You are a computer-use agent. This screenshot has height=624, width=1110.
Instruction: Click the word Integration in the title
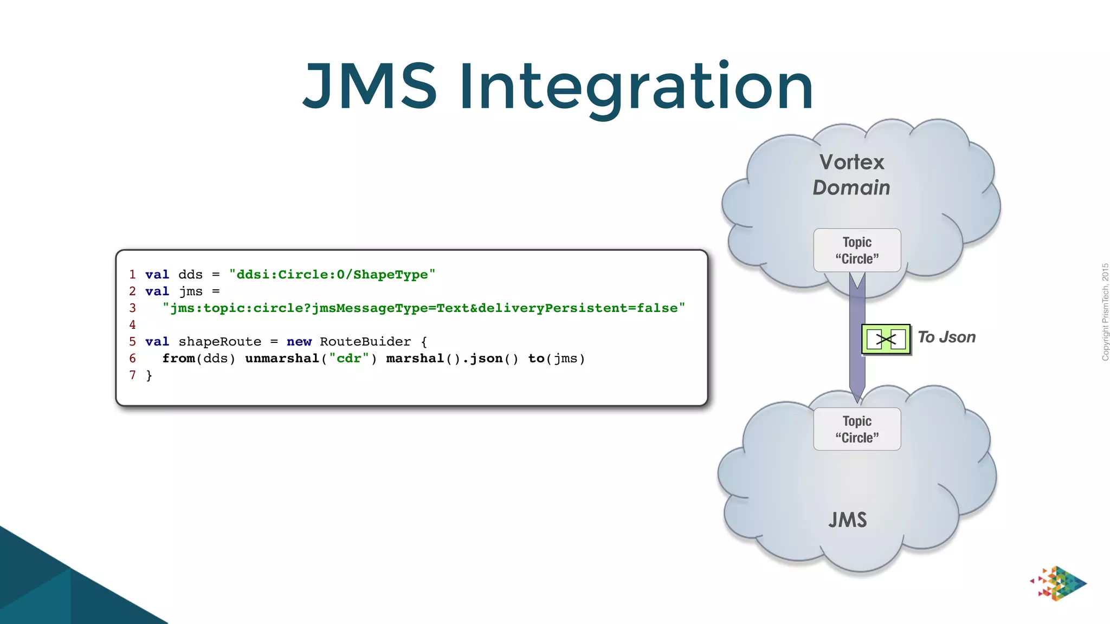tap(636, 87)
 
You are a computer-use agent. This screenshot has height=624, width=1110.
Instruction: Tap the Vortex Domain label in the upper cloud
tap(851, 174)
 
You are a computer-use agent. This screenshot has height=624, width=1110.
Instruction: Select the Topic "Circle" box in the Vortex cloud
tap(857, 250)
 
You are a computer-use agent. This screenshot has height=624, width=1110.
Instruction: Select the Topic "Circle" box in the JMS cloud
tap(857, 429)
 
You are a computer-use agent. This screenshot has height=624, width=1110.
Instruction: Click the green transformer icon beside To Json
tap(886, 340)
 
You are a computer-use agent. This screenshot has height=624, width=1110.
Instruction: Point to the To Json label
tap(946, 337)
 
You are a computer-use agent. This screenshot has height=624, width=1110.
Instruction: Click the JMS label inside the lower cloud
tap(847, 520)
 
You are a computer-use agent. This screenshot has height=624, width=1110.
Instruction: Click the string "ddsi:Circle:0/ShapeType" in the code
tap(332, 275)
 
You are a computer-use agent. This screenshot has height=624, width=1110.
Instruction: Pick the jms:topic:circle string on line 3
tap(423, 308)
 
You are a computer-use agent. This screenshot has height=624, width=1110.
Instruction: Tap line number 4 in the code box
tap(132, 325)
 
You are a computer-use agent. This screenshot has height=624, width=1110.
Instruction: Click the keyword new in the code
tap(299, 342)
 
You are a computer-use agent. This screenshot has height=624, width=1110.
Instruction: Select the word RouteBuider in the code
tap(365, 342)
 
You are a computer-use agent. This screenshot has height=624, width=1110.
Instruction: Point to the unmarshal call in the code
tap(282, 359)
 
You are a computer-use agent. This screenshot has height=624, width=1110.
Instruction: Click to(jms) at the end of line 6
tap(556, 359)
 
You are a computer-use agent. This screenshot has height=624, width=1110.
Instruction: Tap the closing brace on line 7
tap(149, 375)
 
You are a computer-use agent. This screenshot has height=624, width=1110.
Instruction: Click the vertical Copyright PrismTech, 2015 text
tap(1105, 312)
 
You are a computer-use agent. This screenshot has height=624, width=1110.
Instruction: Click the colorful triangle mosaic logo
tap(1058, 583)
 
